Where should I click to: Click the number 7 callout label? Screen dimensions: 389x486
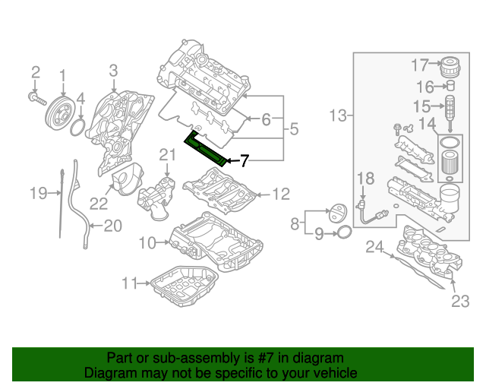click(244, 160)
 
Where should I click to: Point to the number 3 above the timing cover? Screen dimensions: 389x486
click(113, 71)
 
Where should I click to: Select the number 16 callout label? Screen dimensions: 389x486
click(423, 87)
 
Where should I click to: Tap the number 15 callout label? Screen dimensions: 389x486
click(422, 106)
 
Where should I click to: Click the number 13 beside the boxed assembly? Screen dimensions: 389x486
click(339, 115)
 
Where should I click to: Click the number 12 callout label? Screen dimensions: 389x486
click(280, 194)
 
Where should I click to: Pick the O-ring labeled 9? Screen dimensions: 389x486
click(342, 231)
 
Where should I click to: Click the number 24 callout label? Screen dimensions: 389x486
click(374, 246)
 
